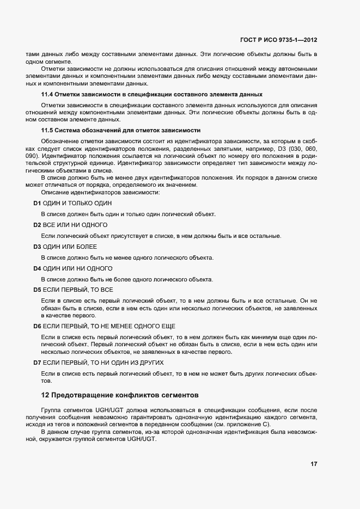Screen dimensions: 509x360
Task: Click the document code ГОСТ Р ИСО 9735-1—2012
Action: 279,39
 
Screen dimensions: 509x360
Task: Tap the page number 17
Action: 314,464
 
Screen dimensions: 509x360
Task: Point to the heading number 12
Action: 46,394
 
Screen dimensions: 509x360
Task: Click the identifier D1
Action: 37,203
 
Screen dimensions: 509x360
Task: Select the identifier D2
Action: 37,225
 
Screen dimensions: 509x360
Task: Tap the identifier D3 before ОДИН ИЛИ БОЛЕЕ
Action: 37,247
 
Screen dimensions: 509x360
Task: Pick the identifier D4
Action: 37,268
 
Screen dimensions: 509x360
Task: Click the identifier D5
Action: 37,290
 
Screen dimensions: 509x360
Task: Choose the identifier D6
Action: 37,326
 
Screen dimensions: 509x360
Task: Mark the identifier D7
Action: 37,362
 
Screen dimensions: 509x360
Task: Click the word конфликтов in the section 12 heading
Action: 143,394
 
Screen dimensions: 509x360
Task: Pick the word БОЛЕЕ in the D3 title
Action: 87,247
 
